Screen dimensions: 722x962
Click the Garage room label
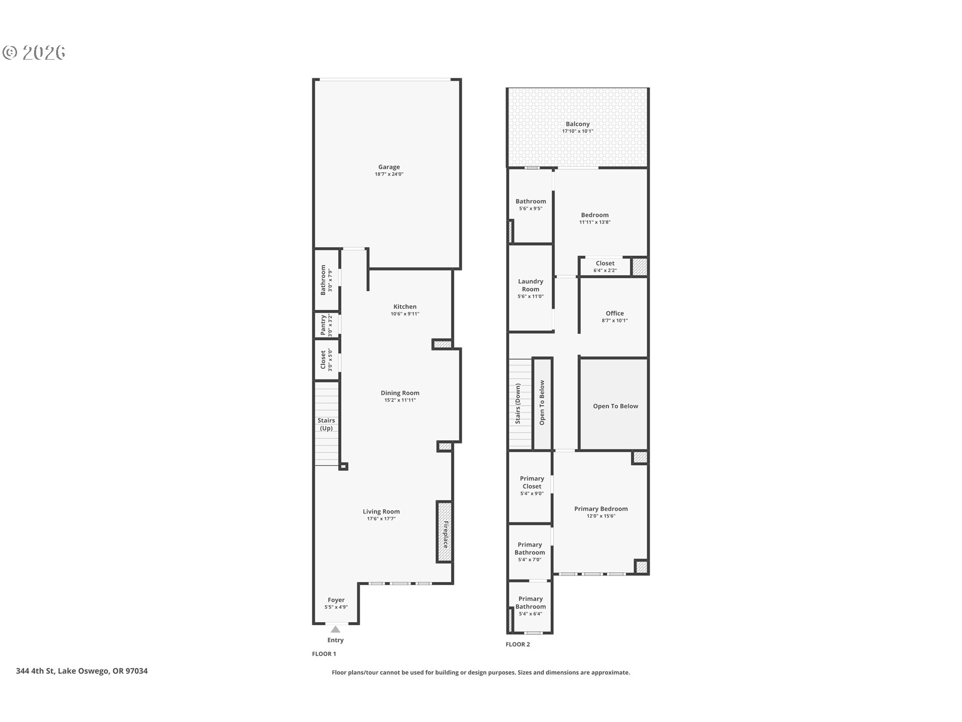[389, 167]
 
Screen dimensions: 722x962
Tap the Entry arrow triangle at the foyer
[335, 629]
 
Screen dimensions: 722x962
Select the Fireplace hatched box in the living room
[444, 532]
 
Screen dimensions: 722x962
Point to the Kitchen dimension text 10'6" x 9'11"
[405, 314]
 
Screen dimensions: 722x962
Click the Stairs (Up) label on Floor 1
[326, 424]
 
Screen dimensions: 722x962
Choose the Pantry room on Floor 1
[326, 325]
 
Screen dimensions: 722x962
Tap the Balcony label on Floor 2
[577, 124]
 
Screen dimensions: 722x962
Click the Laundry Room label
[531, 285]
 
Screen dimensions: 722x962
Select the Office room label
[614, 313]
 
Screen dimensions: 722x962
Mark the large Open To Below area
[615, 406]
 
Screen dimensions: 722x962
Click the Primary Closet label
[532, 482]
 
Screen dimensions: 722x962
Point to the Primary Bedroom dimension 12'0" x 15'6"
[601, 516]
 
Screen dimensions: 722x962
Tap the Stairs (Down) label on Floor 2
[518, 404]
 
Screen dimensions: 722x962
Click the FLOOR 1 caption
[324, 654]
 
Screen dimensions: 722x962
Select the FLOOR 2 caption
[518, 644]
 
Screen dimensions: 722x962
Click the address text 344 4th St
[82, 671]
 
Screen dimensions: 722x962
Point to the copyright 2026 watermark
[34, 53]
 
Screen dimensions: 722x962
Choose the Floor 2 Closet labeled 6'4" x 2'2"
[605, 267]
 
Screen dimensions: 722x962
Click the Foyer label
[336, 600]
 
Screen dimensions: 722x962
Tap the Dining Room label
[400, 393]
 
